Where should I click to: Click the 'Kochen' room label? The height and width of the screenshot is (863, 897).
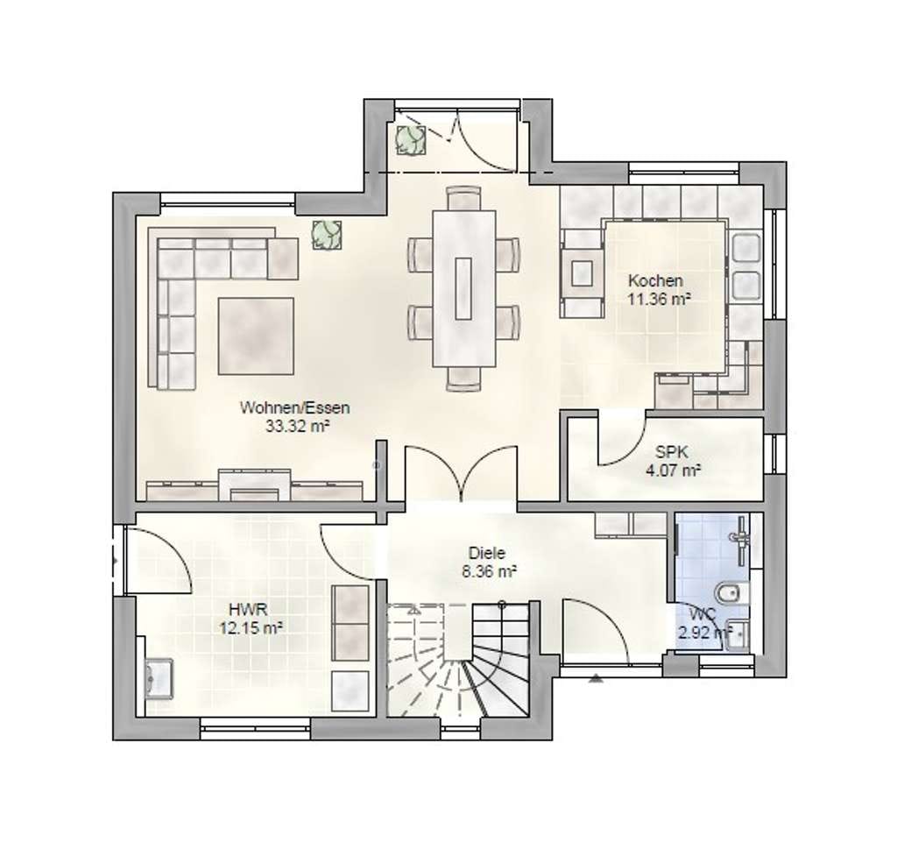point(655,281)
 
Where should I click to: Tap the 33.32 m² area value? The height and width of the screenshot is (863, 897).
point(298,426)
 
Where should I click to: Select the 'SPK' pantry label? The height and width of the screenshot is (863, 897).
point(672,452)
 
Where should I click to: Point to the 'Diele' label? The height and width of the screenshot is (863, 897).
point(487,554)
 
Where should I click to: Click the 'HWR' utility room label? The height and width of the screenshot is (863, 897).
point(248,609)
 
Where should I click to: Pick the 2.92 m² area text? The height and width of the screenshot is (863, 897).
point(705,633)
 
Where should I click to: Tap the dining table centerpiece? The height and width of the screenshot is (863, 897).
point(463,288)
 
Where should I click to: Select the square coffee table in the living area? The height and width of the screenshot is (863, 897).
point(256,336)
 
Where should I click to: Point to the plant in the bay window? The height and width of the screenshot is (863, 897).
point(410,139)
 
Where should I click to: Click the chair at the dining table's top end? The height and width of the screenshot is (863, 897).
point(464,198)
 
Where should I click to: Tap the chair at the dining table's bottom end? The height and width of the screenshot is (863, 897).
point(464,378)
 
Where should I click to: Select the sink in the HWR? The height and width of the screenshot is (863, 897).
point(159,678)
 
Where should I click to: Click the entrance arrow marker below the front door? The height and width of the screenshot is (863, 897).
point(596,679)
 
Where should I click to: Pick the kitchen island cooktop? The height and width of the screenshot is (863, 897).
point(583,273)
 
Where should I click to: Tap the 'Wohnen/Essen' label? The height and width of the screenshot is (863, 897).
point(294,408)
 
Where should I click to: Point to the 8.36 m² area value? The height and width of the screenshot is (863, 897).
point(490,572)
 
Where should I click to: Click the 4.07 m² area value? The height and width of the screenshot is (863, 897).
point(674,471)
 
